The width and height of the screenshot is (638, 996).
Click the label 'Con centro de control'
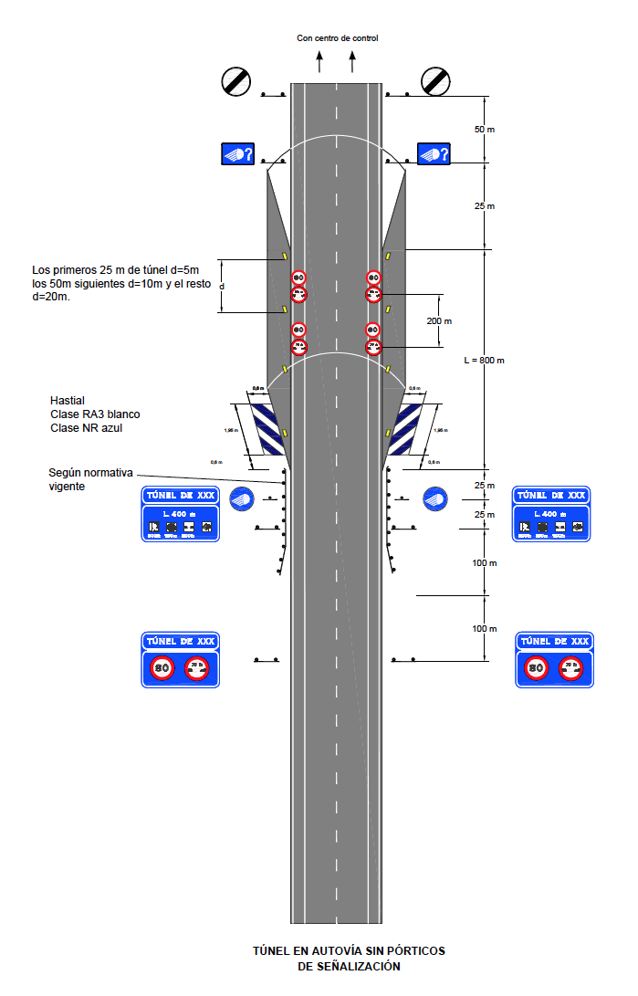337,38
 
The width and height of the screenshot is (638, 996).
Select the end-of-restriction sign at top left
235,81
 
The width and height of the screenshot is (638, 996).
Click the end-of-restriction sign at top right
435,81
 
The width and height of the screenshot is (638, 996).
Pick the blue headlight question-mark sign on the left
236,154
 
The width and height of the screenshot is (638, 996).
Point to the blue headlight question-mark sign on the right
434,154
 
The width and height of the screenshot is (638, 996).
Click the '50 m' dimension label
485,130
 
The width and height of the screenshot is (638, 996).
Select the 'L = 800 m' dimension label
484,361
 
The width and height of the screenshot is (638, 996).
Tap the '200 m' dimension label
441,321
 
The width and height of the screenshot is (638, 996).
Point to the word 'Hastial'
68,401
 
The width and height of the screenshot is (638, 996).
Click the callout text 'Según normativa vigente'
91,480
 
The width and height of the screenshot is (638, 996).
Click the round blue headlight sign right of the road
435,498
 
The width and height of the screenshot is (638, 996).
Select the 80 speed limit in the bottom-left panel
162,668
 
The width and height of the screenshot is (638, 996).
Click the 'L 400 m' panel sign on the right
552,521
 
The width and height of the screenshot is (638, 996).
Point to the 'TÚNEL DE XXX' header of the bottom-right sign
554,642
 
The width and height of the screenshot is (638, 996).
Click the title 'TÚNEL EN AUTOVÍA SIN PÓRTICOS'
349,951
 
